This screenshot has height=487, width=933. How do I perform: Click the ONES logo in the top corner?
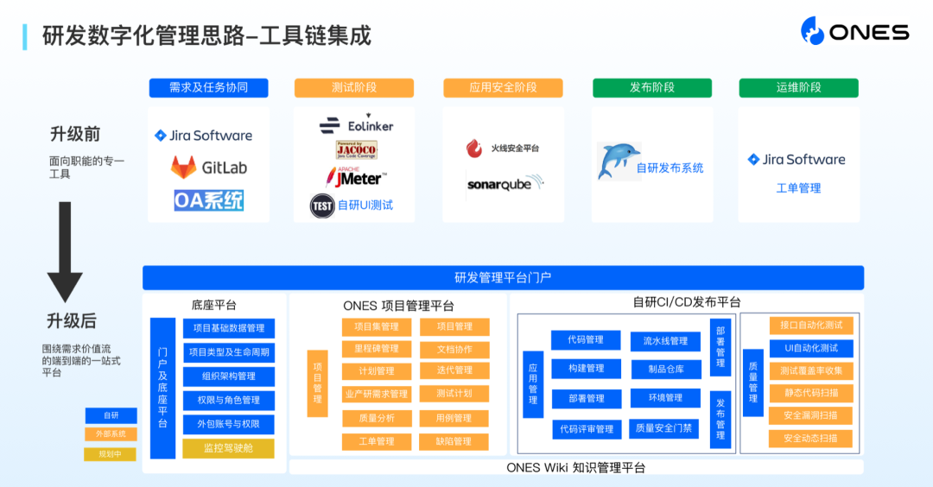[854, 32]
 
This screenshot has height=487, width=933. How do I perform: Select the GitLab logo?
[208, 167]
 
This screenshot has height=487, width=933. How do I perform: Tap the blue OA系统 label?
[208, 200]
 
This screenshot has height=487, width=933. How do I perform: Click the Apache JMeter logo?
[355, 177]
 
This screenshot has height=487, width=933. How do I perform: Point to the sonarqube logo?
[505, 183]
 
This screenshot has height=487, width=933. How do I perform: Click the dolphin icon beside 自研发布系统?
[619, 161]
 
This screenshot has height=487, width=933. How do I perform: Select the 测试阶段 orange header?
[354, 88]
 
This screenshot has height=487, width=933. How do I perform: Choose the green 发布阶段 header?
[651, 88]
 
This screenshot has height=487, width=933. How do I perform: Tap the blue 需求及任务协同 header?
[208, 88]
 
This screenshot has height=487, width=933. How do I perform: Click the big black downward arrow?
[65, 250]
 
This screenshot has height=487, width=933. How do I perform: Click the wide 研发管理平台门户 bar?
[503, 277]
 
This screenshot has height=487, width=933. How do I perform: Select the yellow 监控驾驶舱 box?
[228, 448]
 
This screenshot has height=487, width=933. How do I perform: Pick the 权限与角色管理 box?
[228, 400]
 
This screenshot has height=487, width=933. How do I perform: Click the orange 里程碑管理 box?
[377, 349]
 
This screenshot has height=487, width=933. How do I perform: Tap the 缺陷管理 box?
[454, 441]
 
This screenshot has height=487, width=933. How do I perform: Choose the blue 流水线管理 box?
[665, 340]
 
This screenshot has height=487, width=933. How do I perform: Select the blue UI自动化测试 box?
[810, 348]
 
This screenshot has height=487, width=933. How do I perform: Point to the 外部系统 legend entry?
[111, 434]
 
